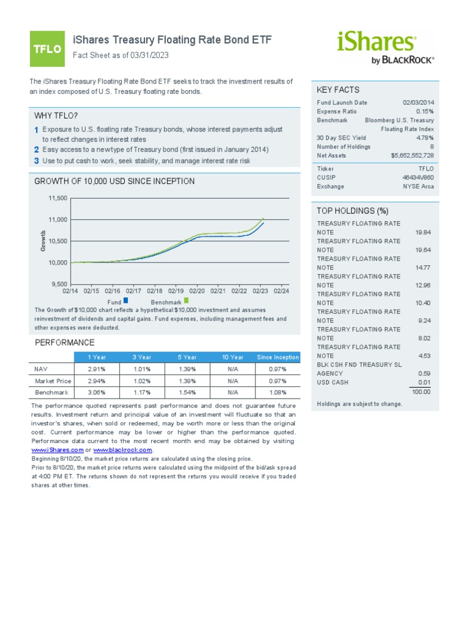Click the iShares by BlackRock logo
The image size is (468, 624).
click(385, 48)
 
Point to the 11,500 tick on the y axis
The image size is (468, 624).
click(58, 199)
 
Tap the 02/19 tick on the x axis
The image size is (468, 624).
click(175, 291)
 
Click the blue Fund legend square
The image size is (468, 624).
click(126, 300)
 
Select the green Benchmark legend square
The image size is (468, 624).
click(186, 300)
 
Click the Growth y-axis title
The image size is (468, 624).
click(43, 241)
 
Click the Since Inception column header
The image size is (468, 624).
click(278, 357)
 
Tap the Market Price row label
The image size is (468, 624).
click(49, 381)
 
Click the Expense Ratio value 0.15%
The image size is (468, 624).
click(425, 112)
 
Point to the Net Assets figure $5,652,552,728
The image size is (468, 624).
click(413, 155)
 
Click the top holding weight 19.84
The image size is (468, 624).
click(422, 232)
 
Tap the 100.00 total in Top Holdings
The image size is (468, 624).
click(420, 391)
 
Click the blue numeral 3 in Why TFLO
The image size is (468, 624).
click(37, 161)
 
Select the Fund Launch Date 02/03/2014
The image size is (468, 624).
click(418, 103)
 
